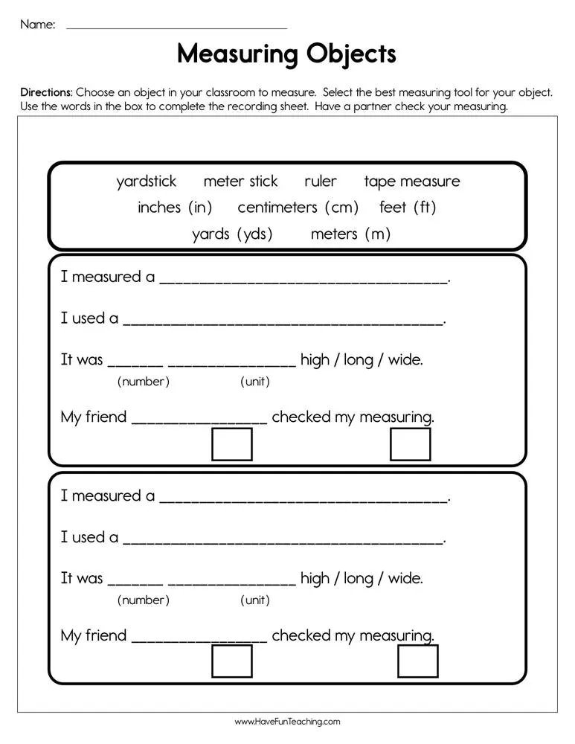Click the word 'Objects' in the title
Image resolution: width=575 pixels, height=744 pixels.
click(x=351, y=54)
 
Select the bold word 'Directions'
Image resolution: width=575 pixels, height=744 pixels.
click(x=46, y=93)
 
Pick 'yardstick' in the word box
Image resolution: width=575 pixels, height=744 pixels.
click(x=147, y=182)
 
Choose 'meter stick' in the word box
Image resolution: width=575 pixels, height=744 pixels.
click(x=240, y=182)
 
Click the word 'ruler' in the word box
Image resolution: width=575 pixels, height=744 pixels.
click(x=321, y=182)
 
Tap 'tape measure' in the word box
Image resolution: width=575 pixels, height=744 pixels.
click(x=412, y=182)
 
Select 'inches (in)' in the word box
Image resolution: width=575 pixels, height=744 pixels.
click(x=175, y=208)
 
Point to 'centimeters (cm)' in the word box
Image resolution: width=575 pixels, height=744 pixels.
click(x=298, y=208)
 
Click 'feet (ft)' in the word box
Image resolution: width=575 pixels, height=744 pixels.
click(x=408, y=208)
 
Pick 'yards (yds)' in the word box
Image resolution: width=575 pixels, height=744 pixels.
click(x=232, y=234)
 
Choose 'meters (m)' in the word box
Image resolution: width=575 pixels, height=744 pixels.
click(x=350, y=234)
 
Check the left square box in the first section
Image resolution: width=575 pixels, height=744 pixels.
click(x=232, y=444)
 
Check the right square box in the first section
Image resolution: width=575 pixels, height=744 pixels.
click(x=411, y=444)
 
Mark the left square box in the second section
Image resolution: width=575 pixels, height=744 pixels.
click(x=232, y=661)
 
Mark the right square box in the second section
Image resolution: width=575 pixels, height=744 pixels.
click(x=418, y=661)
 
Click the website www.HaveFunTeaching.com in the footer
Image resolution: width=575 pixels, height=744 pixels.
click(x=287, y=722)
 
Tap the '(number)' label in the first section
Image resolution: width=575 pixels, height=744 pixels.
click(x=144, y=382)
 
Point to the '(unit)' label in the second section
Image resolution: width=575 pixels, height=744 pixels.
click(x=255, y=600)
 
